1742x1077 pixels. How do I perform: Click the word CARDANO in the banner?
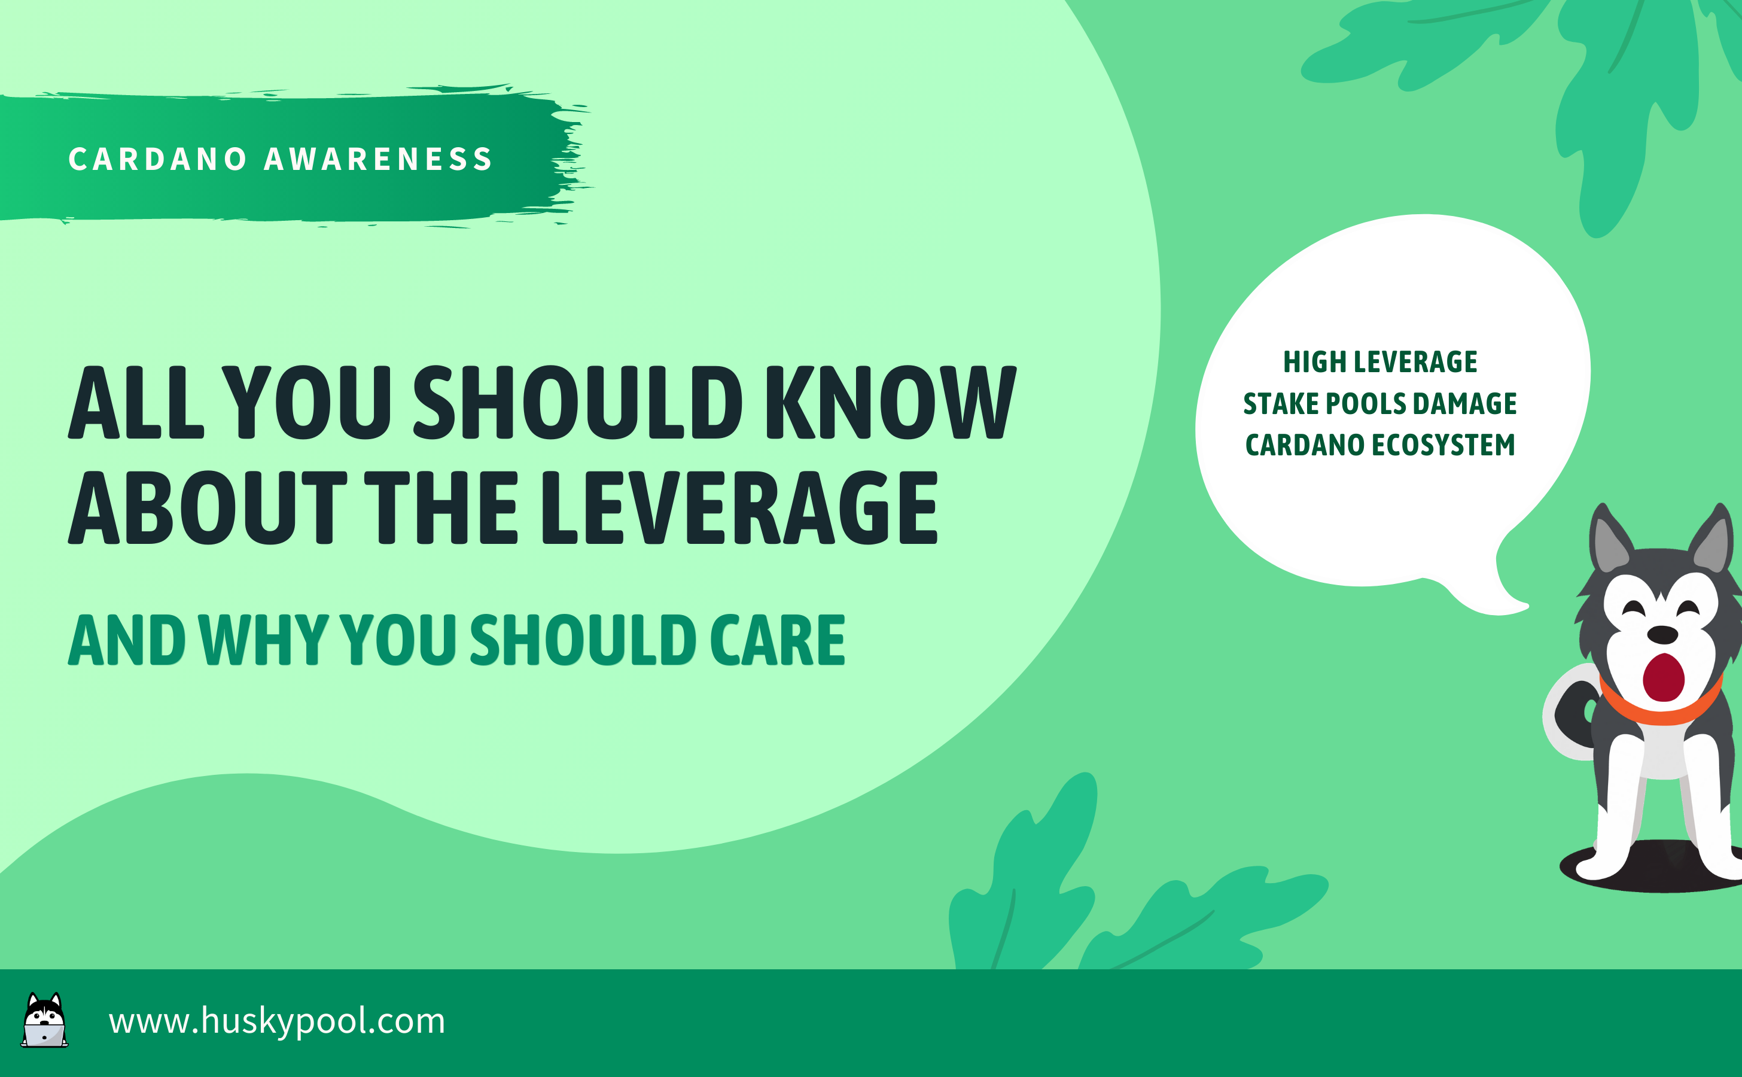tap(157, 159)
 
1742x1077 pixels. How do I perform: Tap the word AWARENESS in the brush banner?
tap(378, 159)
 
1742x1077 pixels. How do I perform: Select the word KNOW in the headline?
tap(891, 403)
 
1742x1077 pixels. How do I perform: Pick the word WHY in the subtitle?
tap(263, 640)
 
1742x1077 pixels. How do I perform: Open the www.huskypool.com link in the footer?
tap(277, 1021)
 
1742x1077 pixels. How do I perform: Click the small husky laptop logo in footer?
tap(44, 1020)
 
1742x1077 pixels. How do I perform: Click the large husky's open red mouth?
tap(1664, 677)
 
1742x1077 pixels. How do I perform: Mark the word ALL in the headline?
tap(136, 403)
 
